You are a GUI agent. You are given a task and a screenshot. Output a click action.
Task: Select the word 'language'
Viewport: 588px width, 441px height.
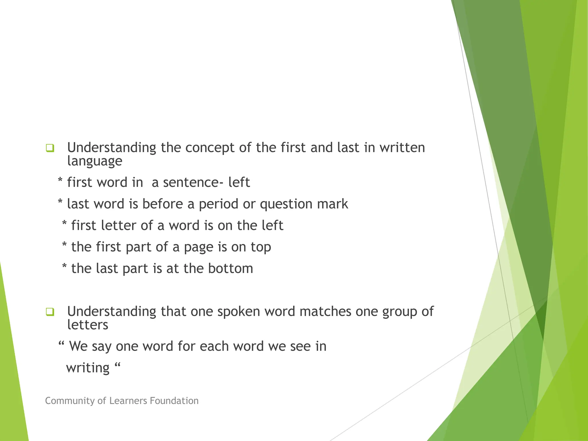95,161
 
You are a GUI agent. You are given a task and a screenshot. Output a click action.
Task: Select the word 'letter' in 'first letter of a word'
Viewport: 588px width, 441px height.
119,225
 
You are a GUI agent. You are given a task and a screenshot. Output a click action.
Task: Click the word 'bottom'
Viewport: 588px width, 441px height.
231,268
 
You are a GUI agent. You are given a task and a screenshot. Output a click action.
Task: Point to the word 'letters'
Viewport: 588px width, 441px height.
88,325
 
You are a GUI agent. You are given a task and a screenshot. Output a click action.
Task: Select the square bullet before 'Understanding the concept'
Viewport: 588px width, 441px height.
50,148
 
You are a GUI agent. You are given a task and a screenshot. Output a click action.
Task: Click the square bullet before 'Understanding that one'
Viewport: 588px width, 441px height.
50,312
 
